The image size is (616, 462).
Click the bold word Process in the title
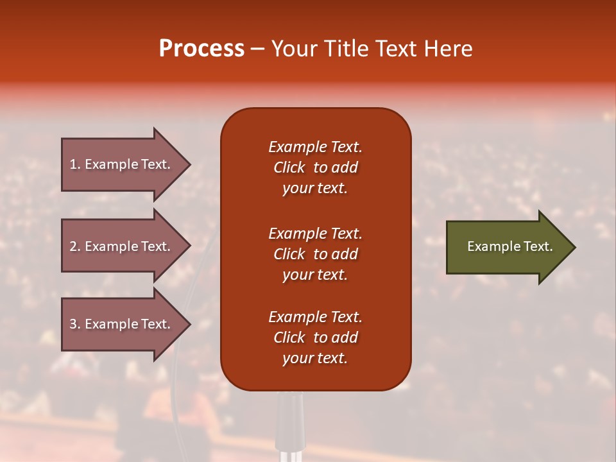tap(201, 49)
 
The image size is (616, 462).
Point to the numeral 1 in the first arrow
tap(73, 164)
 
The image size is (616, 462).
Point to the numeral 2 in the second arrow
tap(73, 246)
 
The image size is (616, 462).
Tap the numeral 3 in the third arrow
tap(73, 324)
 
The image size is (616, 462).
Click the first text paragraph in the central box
tap(315, 167)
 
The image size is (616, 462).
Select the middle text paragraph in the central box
tap(315, 254)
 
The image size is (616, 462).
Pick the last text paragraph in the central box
tap(315, 338)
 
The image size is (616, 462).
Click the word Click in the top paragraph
tap(289, 167)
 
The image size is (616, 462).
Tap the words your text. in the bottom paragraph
tap(315, 358)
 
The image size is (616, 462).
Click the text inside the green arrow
tap(510, 246)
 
